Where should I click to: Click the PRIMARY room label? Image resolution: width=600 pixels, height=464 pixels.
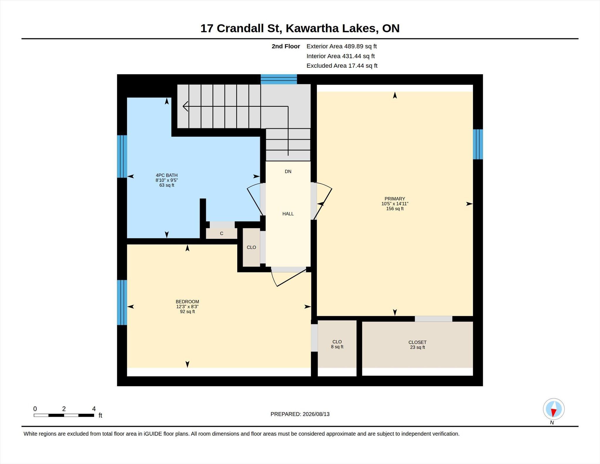click(395, 199)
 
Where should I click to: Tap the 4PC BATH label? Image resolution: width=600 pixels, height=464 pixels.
click(167, 175)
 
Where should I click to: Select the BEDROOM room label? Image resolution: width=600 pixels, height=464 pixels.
click(187, 302)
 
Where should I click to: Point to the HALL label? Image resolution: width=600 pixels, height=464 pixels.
click(288, 214)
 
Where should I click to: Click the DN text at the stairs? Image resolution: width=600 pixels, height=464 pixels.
click(288, 171)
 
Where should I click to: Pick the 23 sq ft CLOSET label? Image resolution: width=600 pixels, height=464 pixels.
click(417, 345)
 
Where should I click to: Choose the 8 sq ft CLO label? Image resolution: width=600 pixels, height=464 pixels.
click(337, 344)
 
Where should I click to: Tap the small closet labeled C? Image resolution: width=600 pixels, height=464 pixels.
click(221, 233)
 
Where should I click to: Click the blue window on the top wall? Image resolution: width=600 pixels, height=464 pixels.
click(279, 79)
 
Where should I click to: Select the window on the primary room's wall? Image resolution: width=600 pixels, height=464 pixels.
click(478, 144)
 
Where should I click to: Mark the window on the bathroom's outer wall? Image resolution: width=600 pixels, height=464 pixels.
click(122, 157)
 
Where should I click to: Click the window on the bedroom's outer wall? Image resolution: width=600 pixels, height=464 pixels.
click(122, 302)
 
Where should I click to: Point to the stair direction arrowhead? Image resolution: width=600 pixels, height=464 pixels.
click(185, 106)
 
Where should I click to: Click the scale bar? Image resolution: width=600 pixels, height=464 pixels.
click(64, 415)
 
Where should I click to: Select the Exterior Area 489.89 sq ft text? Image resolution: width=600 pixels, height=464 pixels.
click(342, 46)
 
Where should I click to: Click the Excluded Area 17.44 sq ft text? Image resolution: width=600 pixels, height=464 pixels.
click(342, 66)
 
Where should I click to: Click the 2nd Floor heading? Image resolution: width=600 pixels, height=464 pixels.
click(286, 46)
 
